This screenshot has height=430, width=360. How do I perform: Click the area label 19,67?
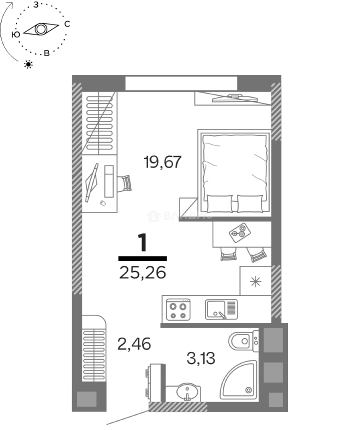coord(162,162)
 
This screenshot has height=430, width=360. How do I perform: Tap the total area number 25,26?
coord(142,273)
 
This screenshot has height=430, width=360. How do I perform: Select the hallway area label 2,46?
coord(134,343)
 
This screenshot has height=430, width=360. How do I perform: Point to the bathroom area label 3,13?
coord(201,358)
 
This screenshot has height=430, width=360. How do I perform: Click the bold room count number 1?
coord(142,243)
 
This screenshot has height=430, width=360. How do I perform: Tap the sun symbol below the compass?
coord(28,64)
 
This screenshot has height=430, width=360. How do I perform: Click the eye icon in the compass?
coord(41,29)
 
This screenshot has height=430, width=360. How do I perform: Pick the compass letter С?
coord(67,24)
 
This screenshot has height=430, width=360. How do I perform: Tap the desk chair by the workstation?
coord(125,183)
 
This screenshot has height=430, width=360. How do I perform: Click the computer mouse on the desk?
coord(102,203)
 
